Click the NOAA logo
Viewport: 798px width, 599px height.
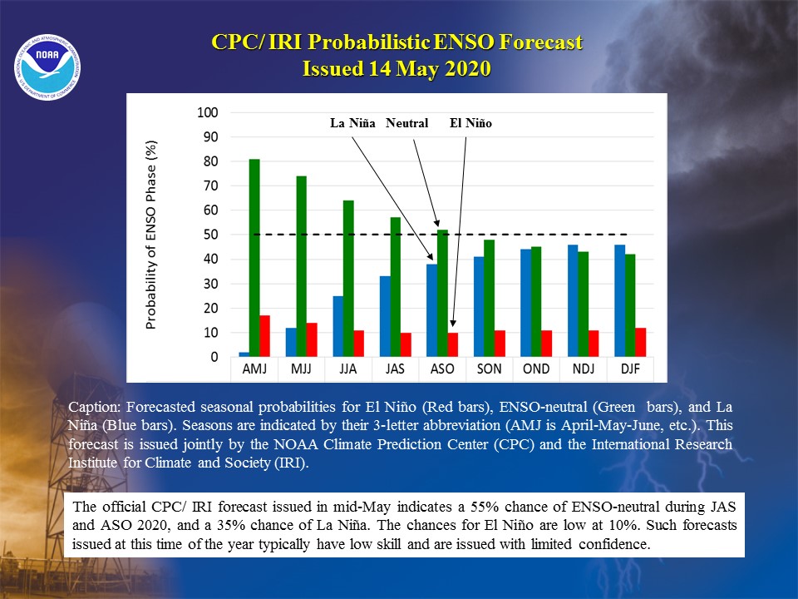point(47,67)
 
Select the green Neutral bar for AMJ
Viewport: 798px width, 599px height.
point(254,258)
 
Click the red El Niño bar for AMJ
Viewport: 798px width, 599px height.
point(264,335)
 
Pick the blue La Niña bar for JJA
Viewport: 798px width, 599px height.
point(338,326)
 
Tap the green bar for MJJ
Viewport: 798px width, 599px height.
point(301,266)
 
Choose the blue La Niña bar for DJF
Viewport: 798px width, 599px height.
point(620,300)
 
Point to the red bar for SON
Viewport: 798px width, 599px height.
point(500,344)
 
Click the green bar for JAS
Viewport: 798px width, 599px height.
point(396,287)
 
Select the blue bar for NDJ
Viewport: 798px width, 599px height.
point(573,300)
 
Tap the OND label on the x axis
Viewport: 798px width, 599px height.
point(536,369)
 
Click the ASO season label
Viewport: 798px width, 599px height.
point(442,369)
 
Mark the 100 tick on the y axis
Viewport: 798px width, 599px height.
point(208,112)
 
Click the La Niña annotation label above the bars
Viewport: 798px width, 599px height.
point(352,123)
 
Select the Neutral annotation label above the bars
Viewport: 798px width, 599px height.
point(406,123)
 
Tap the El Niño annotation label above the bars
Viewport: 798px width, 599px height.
point(470,123)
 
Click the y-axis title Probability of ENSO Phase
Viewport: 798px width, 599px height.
point(151,235)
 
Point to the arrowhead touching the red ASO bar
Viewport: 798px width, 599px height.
point(453,324)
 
